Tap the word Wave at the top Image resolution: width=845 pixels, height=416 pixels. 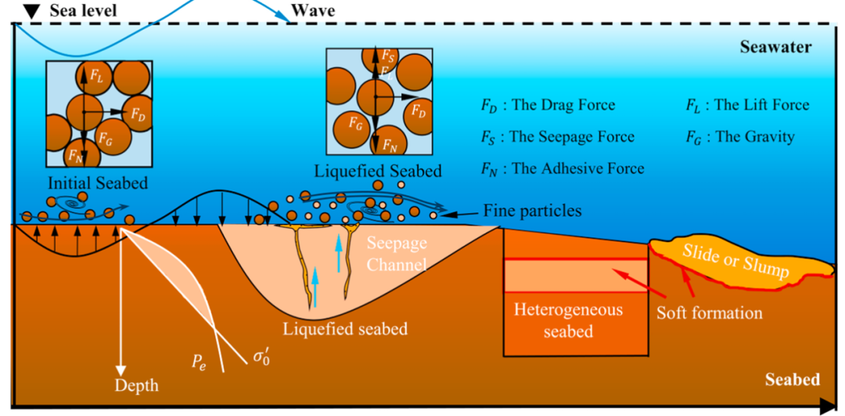312,10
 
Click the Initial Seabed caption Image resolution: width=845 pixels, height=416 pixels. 98,183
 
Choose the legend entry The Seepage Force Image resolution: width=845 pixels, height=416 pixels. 557,137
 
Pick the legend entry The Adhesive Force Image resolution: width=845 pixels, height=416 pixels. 563,169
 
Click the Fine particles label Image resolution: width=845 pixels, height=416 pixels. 532,210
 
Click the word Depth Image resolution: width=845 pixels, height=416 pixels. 136,385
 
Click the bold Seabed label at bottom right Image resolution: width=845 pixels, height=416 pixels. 792,379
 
